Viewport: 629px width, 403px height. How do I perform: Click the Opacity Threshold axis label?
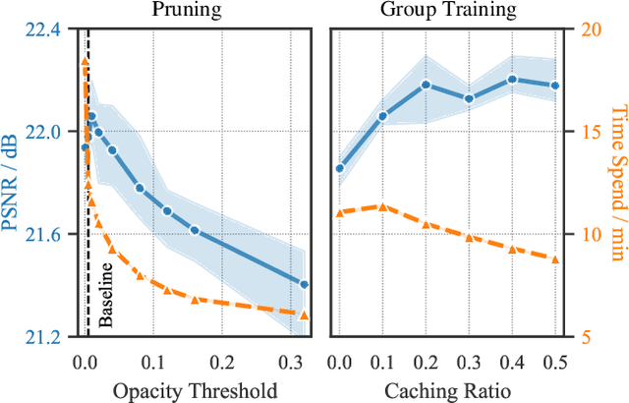[x=196, y=390]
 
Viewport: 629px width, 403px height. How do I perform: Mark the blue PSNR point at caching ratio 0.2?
[x=426, y=85]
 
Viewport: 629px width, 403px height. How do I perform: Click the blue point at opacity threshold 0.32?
[x=304, y=284]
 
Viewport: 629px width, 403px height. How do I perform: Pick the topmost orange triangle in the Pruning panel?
[x=85, y=61]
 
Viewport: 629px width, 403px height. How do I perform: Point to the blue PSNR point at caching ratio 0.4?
[x=513, y=80]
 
